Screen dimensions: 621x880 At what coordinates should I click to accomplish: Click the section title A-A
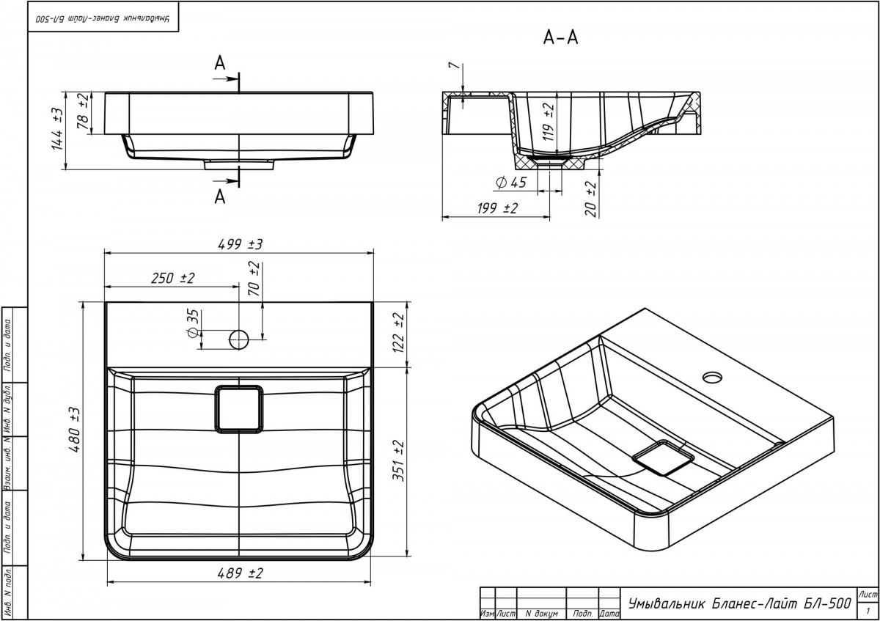[x=561, y=38]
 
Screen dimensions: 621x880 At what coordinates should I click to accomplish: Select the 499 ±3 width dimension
[x=239, y=244]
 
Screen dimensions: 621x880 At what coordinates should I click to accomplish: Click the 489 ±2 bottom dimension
[x=239, y=575]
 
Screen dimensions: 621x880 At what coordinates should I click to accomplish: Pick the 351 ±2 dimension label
[x=398, y=459]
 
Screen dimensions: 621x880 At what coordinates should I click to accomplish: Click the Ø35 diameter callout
[x=193, y=323]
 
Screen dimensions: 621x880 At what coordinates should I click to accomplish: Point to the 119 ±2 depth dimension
[x=549, y=122]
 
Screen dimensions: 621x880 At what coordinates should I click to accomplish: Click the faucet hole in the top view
[x=239, y=339]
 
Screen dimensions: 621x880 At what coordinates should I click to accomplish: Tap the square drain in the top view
[x=239, y=407]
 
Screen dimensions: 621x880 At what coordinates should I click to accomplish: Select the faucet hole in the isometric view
[x=711, y=378]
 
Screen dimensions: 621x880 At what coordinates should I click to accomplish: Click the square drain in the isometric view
[x=663, y=458]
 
